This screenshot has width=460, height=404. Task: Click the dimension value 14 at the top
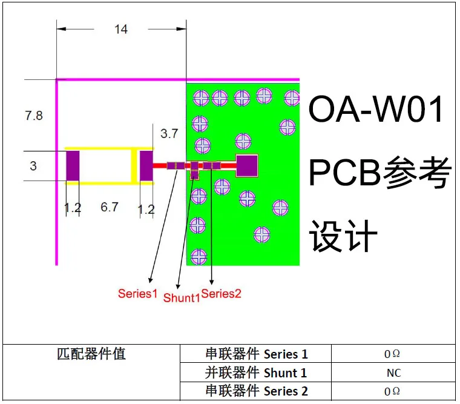(121, 29)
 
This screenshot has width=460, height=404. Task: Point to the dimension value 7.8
(34, 115)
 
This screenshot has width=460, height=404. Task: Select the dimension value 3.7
(169, 133)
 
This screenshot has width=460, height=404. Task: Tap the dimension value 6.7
(109, 207)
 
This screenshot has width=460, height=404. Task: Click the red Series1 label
(137, 294)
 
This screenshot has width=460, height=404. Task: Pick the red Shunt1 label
(182, 297)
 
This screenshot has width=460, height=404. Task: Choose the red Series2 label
(222, 294)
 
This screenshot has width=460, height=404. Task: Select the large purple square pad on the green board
(247, 165)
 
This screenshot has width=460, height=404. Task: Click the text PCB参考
(380, 173)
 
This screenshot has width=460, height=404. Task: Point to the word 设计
(343, 236)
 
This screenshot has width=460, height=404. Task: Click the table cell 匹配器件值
(91, 354)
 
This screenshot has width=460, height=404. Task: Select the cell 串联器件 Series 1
(257, 354)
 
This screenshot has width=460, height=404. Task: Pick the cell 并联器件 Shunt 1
(256, 373)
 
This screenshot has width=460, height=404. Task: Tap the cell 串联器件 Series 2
(257, 391)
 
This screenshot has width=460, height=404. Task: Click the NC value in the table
(393, 373)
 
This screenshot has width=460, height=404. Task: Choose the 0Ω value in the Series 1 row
(392, 354)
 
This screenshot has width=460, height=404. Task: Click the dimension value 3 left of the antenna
(33, 166)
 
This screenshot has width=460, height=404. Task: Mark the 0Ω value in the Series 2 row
(392, 392)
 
